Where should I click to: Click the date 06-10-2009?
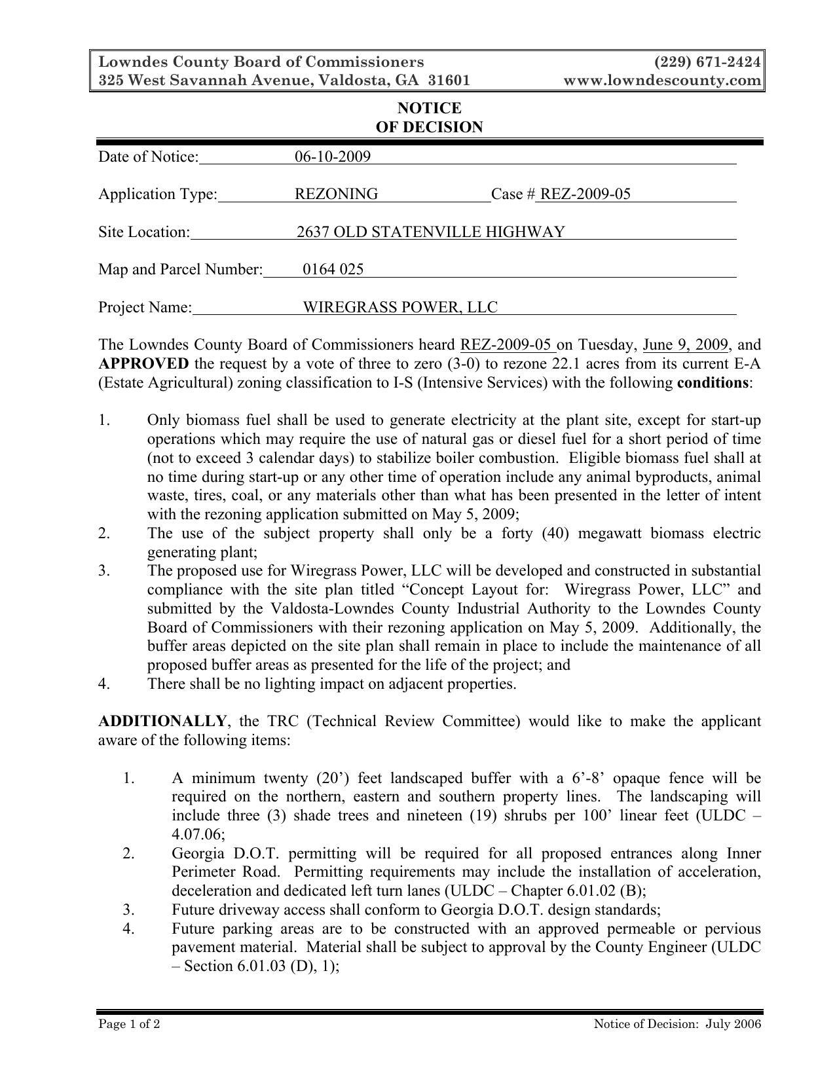(332, 156)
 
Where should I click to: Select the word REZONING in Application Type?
(336, 194)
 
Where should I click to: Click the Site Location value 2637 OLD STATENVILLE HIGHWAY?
(430, 232)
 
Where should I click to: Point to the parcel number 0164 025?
(333, 270)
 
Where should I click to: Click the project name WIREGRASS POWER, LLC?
(399, 307)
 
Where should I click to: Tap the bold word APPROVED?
(143, 364)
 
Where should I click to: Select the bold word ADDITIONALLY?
(162, 722)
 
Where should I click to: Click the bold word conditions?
(713, 382)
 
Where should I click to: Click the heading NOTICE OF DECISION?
(429, 118)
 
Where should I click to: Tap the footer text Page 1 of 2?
(129, 1024)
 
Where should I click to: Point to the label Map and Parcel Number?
(180, 270)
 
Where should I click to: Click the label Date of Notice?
(148, 156)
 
